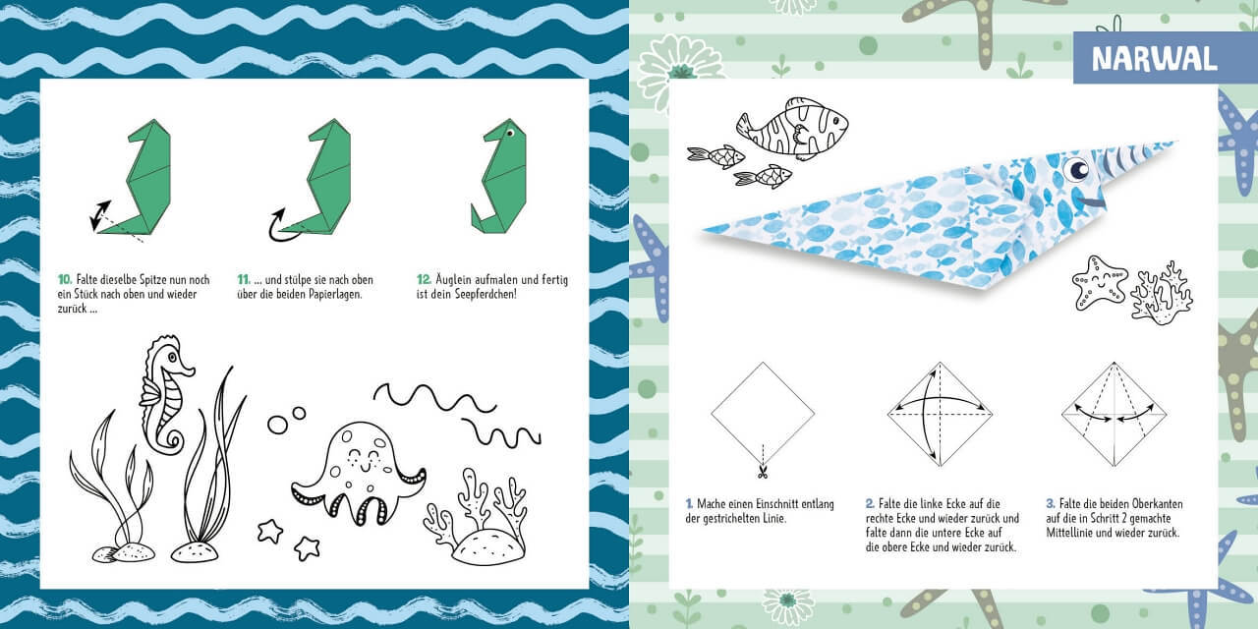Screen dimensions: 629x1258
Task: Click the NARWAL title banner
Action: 1153,58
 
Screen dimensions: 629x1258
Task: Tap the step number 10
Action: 64,280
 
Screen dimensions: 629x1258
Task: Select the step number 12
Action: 424,280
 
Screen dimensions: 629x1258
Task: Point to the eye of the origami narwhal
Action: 1078,170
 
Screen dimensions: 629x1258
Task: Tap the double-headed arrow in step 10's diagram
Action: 100,215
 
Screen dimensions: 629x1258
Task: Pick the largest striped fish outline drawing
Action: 794,127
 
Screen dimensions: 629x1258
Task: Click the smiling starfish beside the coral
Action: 1100,282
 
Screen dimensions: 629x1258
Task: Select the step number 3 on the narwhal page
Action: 1050,502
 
